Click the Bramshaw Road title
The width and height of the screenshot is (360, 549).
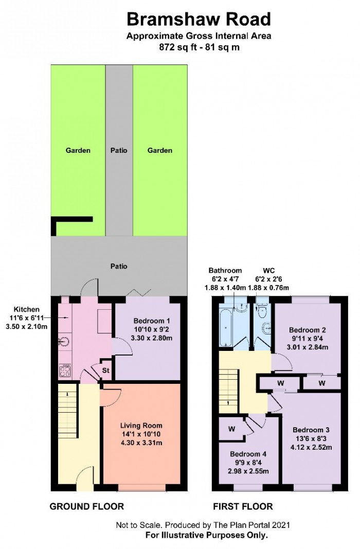click(199, 19)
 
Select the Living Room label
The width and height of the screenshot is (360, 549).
click(141, 426)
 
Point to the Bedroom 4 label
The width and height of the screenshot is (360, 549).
click(248, 454)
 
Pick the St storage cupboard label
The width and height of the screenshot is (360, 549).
click(105, 370)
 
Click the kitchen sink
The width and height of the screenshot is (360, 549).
click(65, 341)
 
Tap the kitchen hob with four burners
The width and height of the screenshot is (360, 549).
click(65, 371)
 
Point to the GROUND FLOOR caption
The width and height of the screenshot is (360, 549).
click(87, 506)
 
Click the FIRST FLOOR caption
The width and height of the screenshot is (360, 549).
click(243, 506)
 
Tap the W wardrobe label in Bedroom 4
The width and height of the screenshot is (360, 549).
click(231, 429)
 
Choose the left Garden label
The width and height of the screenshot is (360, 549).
click(78, 151)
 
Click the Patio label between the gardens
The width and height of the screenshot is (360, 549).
click(119, 151)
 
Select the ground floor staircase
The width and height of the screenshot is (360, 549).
click(67, 405)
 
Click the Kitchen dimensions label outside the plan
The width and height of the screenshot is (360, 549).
click(27, 318)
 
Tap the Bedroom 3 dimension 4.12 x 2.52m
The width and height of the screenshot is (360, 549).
click(311, 447)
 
